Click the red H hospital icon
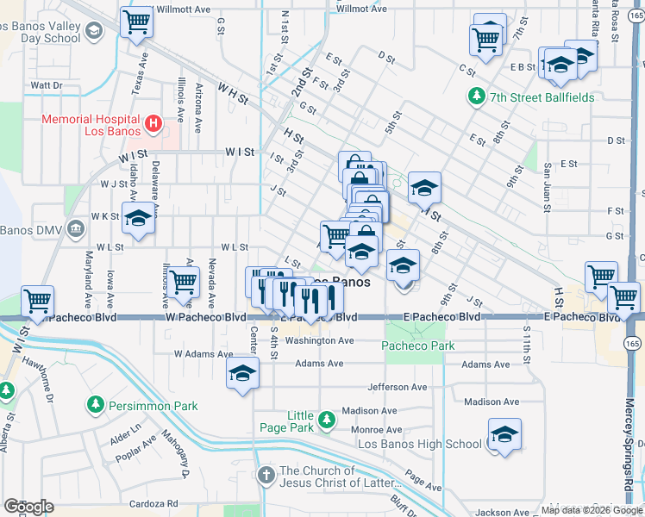(x=153, y=124)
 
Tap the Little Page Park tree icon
(x=326, y=420)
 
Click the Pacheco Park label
(x=417, y=346)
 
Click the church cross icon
(x=266, y=473)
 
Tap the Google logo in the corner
(x=28, y=507)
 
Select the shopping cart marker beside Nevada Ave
(x=183, y=282)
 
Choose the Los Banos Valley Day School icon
(x=92, y=32)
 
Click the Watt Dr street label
(x=47, y=85)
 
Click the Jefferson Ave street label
(x=397, y=387)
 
